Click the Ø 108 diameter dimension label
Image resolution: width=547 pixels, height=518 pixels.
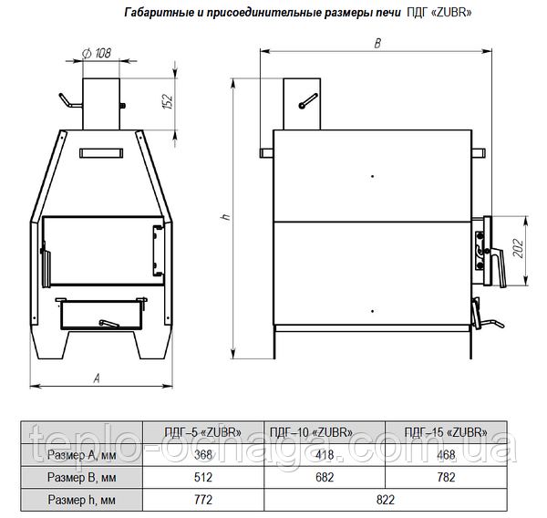[97, 53]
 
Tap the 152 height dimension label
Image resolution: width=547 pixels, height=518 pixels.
[169, 101]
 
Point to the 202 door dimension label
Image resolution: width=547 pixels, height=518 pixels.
[519, 248]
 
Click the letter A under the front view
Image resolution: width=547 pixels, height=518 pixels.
[97, 378]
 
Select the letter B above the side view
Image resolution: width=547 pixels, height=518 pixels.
[377, 43]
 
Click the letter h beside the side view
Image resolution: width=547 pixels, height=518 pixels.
[226, 217]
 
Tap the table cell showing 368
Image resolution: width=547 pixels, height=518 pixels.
[203, 455]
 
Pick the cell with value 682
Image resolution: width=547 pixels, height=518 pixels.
[325, 477]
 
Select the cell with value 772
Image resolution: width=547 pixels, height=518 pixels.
[203, 500]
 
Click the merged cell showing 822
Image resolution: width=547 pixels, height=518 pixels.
[385, 500]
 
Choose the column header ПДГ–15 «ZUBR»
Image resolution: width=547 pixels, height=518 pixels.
[446, 432]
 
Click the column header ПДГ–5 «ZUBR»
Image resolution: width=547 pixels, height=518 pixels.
[203, 432]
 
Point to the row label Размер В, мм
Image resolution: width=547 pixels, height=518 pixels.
[82, 477]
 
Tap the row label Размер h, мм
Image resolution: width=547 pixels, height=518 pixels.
[82, 500]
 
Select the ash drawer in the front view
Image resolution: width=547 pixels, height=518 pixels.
[101, 314]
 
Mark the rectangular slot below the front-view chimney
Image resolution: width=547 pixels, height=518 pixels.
[101, 153]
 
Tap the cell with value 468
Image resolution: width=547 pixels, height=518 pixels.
[446, 455]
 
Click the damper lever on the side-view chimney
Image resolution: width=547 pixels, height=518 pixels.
[308, 101]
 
